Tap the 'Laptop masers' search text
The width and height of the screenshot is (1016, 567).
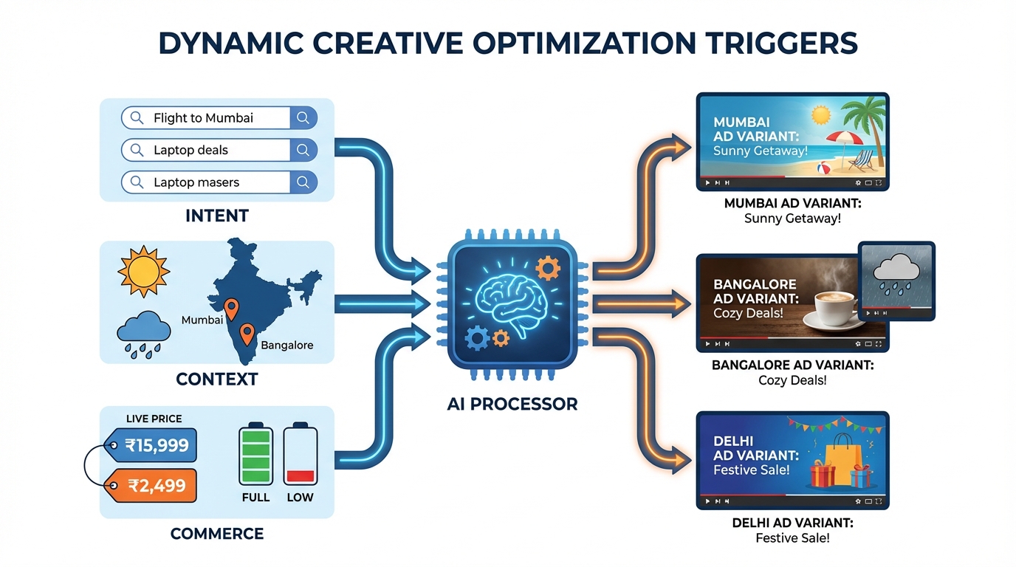tap(196, 182)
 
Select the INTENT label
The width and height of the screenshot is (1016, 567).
tap(216, 216)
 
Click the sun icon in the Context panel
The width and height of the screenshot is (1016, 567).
tap(143, 272)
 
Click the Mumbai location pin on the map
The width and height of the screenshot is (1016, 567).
tap(231, 309)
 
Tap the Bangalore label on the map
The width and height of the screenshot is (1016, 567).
tap(286, 345)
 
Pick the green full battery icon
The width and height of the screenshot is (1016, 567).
tap(255, 454)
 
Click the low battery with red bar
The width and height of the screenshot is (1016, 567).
tap(300, 454)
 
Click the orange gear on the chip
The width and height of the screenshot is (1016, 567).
tap(547, 267)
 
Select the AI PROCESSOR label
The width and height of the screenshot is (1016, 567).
tap(512, 404)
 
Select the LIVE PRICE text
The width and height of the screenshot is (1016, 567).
tap(154, 419)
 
